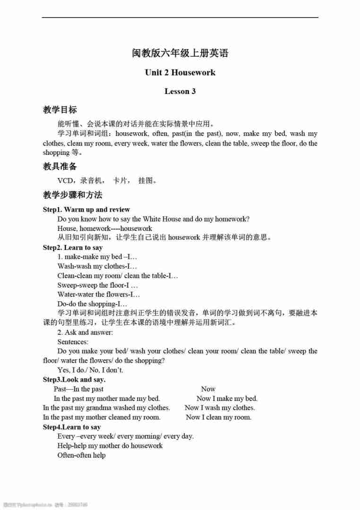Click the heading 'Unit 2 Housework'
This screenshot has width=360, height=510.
coord(180,72)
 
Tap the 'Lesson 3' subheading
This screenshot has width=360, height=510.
coord(180,91)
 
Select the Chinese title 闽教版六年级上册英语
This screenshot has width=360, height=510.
coord(180,53)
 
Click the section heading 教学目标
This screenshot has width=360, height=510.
coord(60,110)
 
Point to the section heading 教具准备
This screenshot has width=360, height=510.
coord(60,166)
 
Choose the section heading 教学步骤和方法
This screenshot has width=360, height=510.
coord(73,195)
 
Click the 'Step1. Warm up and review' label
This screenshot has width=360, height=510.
coord(86,209)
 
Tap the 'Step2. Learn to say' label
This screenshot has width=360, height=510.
coord(73,247)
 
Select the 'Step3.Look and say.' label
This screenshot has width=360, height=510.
coord(74,379)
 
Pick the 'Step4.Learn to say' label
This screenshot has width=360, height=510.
coord(72,427)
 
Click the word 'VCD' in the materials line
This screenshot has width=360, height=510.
coord(65,180)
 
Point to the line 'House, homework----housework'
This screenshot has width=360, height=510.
coord(105,228)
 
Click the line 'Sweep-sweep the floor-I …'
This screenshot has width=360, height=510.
coord(98,285)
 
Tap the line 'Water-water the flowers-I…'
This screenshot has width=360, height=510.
coord(99,294)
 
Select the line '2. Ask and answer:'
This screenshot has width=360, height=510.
coord(85,332)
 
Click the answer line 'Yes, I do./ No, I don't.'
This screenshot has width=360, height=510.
coord(90,370)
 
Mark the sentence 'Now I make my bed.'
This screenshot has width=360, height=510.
coord(227,398)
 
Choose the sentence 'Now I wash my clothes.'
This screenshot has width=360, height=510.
coord(220,408)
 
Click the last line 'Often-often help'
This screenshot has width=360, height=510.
coord(81,455)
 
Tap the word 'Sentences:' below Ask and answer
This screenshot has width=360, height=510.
coord(73,341)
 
